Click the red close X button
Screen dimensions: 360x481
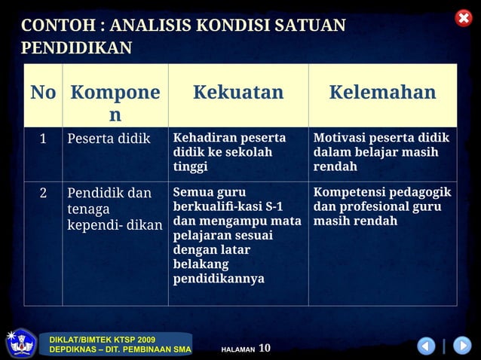tap(464, 18)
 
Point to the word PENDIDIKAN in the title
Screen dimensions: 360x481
tap(76, 49)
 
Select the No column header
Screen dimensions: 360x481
tap(43, 93)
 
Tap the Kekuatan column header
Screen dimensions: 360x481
tap(238, 93)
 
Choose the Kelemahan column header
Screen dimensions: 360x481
tap(382, 93)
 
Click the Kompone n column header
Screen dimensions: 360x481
tap(115, 103)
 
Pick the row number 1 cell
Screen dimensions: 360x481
tap(43, 139)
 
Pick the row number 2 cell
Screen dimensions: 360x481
tap(43, 193)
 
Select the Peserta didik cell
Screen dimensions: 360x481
tap(109, 139)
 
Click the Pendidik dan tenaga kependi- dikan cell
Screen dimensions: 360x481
tap(114, 209)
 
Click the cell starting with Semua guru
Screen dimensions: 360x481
tap(237, 236)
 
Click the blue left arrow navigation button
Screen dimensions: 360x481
tap(426, 346)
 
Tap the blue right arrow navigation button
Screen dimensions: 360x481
tap(461, 346)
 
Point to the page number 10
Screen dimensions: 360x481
tap(264, 348)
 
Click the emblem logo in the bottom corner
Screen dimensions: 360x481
tap(20, 343)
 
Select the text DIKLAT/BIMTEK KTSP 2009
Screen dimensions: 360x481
tap(102, 340)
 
